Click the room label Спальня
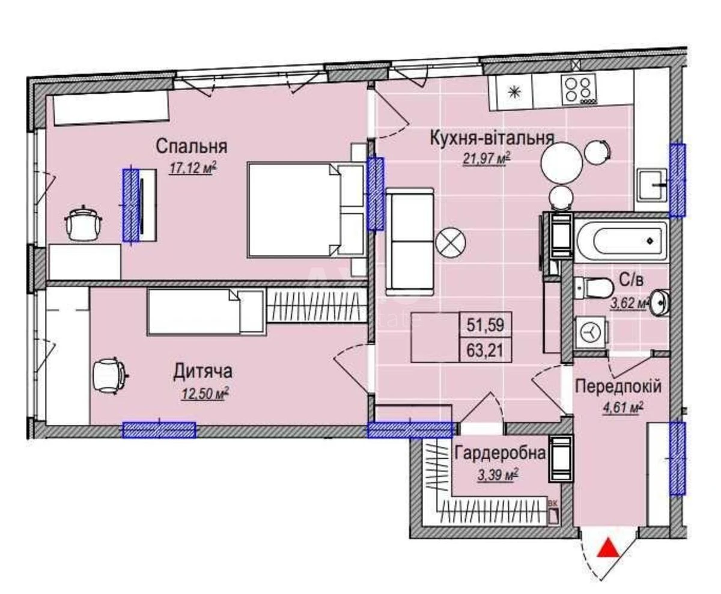coord(191,146)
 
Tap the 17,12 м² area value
coord(192,168)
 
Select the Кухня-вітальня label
coord(491,138)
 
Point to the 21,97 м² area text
coord(486,159)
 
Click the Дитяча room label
coord(202,372)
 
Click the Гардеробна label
coord(500,453)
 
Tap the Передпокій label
coord(618,387)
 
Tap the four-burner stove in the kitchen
coord(578,90)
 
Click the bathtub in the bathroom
coord(621,241)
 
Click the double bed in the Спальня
coord(305,210)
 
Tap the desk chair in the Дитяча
coord(110,375)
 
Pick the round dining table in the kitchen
coord(562,161)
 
